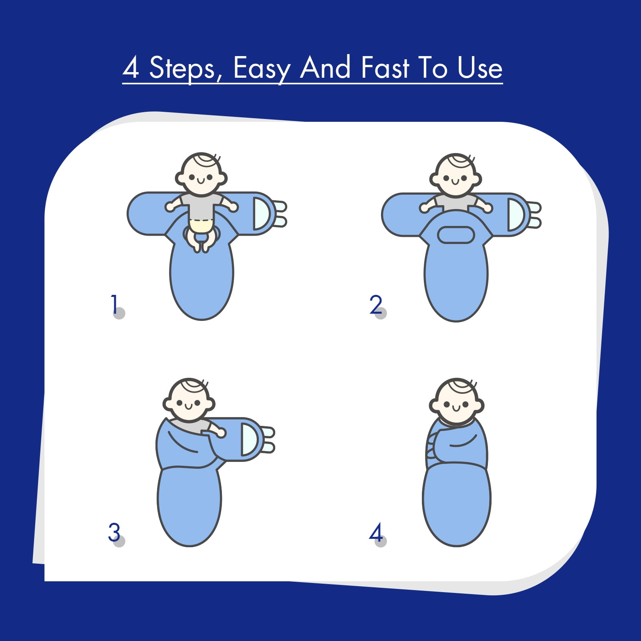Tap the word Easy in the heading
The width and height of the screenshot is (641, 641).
(261, 69)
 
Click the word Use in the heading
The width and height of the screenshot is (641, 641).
(480, 68)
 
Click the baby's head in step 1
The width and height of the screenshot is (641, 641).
(201, 174)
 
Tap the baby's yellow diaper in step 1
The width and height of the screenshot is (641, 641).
(201, 226)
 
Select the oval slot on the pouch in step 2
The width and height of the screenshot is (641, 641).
(456, 235)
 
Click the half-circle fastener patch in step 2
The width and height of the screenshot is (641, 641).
(515, 215)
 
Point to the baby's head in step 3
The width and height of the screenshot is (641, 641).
(189, 400)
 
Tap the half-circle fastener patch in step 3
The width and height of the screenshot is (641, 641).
(249, 439)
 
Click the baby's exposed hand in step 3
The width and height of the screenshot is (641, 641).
(220, 432)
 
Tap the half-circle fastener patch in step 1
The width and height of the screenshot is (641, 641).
(262, 214)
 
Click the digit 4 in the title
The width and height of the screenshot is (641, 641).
(131, 68)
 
